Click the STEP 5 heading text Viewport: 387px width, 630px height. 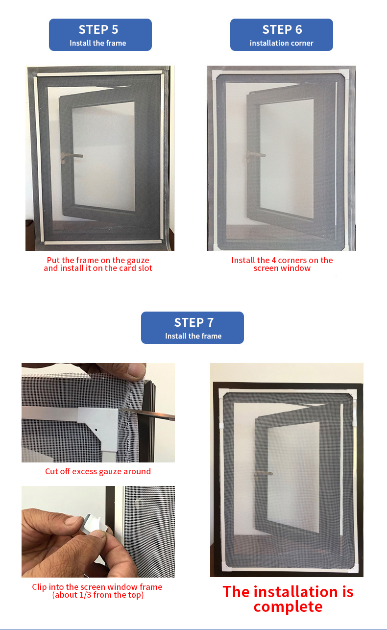coord(100,29)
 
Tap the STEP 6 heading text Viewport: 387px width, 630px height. coord(282,29)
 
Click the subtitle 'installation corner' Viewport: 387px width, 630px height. coord(282,43)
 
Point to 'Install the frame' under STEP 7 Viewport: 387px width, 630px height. coord(193,336)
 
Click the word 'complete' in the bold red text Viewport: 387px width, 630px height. coord(288,606)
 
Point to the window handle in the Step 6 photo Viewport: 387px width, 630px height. coord(254,156)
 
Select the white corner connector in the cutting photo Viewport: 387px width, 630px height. coord(103,422)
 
